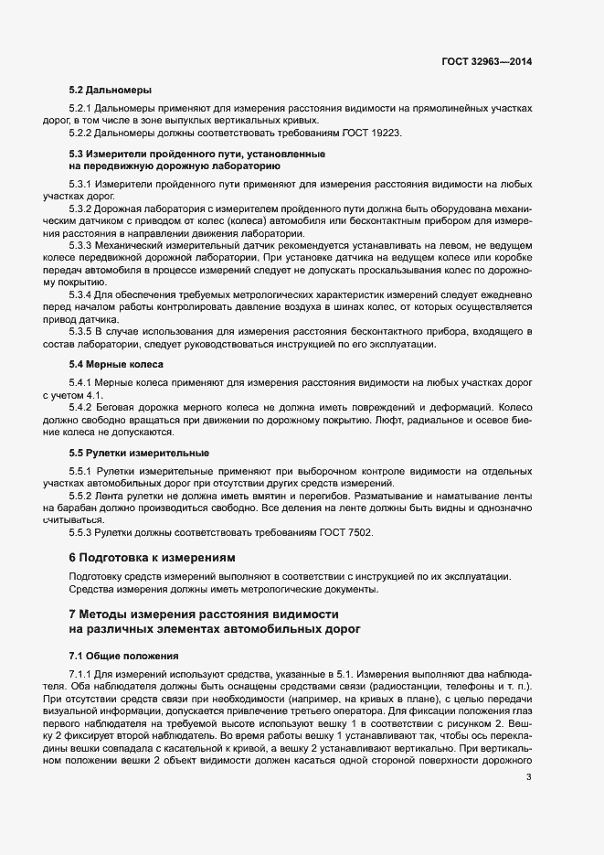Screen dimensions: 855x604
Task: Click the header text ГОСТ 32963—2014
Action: [x=486, y=62]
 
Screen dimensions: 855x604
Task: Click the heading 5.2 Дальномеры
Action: [x=111, y=91]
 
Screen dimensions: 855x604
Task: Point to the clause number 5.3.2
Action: [x=81, y=209]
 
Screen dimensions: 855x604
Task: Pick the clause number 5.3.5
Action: [x=81, y=329]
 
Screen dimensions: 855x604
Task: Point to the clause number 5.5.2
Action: [x=81, y=495]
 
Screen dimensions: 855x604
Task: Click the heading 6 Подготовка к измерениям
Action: [x=153, y=557]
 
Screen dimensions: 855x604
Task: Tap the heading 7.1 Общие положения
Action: [x=124, y=657]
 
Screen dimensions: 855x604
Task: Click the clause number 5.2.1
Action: [x=81, y=109]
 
